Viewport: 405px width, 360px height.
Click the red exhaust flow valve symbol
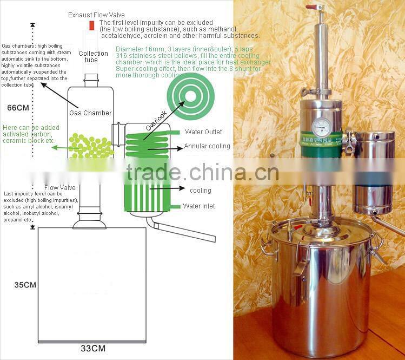(x=92, y=25)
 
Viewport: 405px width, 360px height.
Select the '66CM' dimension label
(x=18, y=107)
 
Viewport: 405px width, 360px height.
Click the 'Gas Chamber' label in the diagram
(x=90, y=113)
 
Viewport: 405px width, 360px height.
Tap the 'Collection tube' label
(x=93, y=57)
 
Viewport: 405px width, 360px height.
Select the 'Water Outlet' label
(x=203, y=132)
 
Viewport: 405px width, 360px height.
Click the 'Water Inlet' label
(x=199, y=206)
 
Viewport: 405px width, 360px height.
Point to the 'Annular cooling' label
(x=207, y=146)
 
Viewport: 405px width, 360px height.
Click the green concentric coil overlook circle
(x=190, y=96)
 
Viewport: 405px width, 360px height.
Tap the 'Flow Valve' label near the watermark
(x=61, y=187)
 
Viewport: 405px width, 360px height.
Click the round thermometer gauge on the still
(x=322, y=127)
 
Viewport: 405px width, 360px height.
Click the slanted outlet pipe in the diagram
(x=183, y=231)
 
